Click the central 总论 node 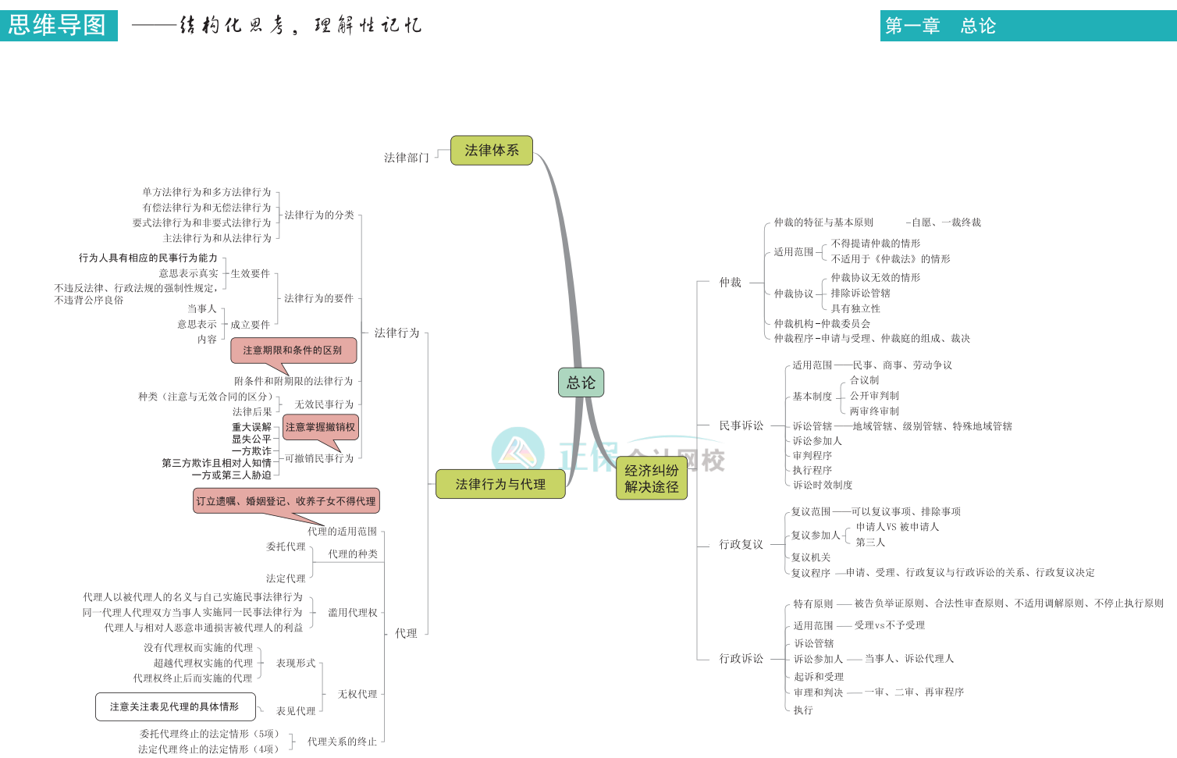coord(581,383)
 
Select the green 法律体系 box coord(492,151)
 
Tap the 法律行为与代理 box coord(500,484)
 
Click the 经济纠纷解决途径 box coord(652,479)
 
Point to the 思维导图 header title coord(58,25)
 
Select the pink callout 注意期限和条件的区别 coord(293,351)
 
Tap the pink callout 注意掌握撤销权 coord(320,427)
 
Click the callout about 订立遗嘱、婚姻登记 coord(286,501)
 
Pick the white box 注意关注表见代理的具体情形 coord(175,706)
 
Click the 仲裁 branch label coord(730,283)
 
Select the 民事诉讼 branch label coord(741,425)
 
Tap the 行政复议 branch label coord(741,544)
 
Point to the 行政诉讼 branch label coord(741,659)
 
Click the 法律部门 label coord(406,158)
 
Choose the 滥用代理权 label coord(352,613)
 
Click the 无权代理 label coord(357,694)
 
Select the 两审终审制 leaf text coord(874,411)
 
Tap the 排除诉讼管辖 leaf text coord(860,294)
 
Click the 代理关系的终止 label coord(342,742)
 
